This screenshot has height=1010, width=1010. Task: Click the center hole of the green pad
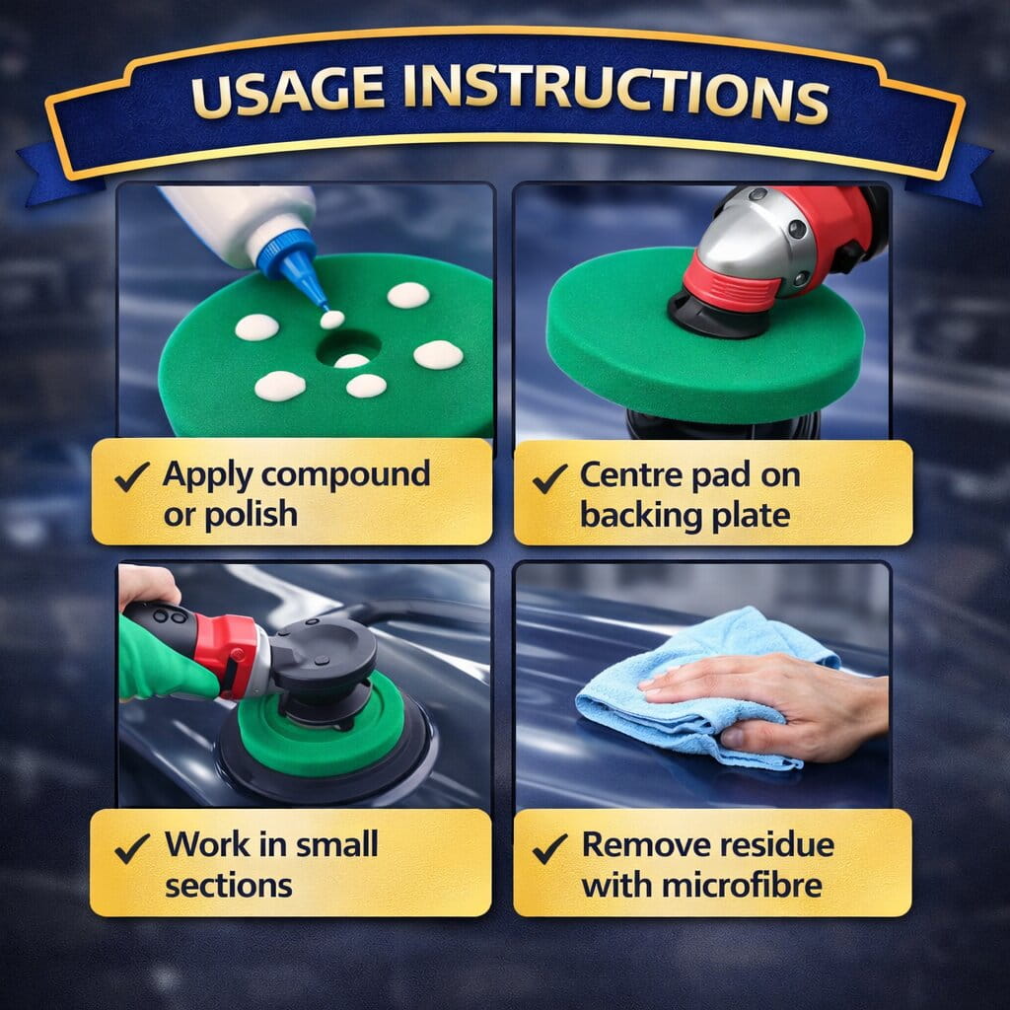pyautogui.click(x=348, y=348)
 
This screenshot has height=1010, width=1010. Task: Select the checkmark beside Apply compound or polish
pyautogui.click(x=132, y=477)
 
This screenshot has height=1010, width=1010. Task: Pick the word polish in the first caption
pyautogui.click(x=252, y=515)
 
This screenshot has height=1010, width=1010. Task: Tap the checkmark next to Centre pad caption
pyautogui.click(x=550, y=479)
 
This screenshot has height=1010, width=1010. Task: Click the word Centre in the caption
pyautogui.click(x=630, y=475)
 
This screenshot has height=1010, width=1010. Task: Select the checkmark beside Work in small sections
pyautogui.click(x=132, y=849)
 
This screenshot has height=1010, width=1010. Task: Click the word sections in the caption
pyautogui.click(x=229, y=886)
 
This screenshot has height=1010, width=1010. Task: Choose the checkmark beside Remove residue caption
pyautogui.click(x=550, y=849)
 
